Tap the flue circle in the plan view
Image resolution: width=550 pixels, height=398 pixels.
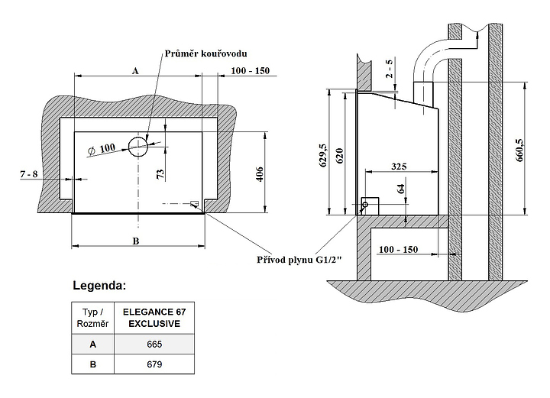pyautogui.click(x=138, y=145)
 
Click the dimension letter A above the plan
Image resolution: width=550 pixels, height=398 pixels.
pyautogui.click(x=134, y=70)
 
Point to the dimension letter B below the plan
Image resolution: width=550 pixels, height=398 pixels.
pyautogui.click(x=135, y=241)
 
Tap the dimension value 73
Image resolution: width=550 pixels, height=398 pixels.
pyautogui.click(x=160, y=173)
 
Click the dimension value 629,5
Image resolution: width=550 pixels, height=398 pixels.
pyautogui.click(x=323, y=155)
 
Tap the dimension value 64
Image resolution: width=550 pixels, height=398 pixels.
pyautogui.click(x=401, y=189)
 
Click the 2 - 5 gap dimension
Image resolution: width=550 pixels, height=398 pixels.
pyautogui.click(x=389, y=70)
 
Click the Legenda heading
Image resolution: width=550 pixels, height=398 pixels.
pyautogui.click(x=99, y=286)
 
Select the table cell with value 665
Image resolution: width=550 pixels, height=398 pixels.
pyautogui.click(x=154, y=345)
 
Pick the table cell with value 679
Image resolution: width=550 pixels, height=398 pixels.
pyautogui.click(x=154, y=364)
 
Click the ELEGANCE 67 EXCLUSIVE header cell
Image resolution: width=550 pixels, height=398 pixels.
pyautogui.click(x=154, y=318)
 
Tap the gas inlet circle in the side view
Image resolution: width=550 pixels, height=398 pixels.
pyautogui.click(x=364, y=205)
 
